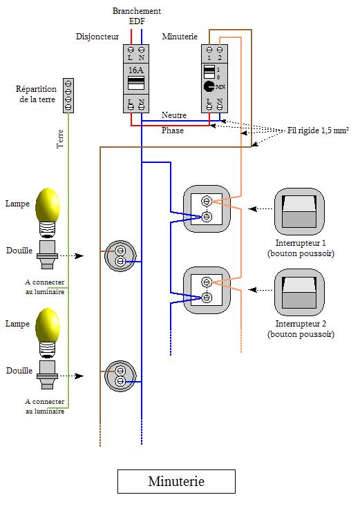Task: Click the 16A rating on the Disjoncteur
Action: coord(136,70)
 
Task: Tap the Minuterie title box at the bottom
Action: coord(176,481)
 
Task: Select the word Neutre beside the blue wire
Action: coord(174,115)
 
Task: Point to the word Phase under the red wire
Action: coord(173,130)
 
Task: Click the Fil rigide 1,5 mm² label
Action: coord(318,130)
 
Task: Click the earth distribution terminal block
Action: coord(68,95)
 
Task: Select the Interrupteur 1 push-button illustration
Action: coord(299,211)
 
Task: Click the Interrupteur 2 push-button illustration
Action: coord(299,293)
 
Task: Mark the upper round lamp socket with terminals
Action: coord(120,255)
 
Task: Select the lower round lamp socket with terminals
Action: coord(120,376)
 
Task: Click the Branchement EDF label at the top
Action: coord(137,16)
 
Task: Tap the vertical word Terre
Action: coord(60,139)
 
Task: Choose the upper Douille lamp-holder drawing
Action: coord(47,255)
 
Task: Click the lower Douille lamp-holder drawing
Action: coord(47,375)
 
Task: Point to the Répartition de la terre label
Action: coord(36,94)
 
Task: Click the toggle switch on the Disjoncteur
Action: coord(136,83)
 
